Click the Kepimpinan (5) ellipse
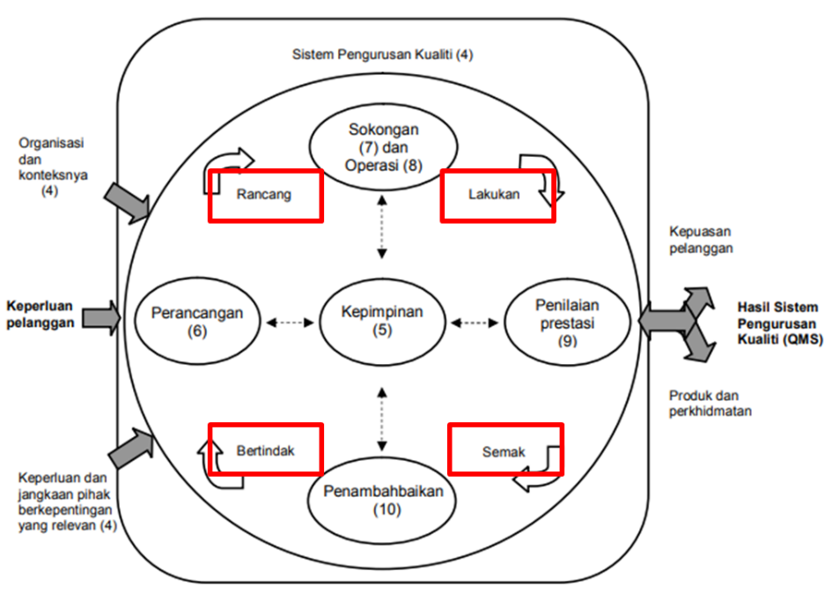click(383, 323)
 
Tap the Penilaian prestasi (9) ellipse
click(566, 323)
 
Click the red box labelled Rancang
click(265, 196)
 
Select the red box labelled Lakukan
click(497, 196)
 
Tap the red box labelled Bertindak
click(265, 450)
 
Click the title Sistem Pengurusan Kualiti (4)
click(382, 55)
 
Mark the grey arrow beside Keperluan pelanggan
click(103, 316)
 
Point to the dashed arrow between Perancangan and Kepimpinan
click(290, 323)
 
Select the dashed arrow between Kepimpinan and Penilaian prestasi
click(475, 323)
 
